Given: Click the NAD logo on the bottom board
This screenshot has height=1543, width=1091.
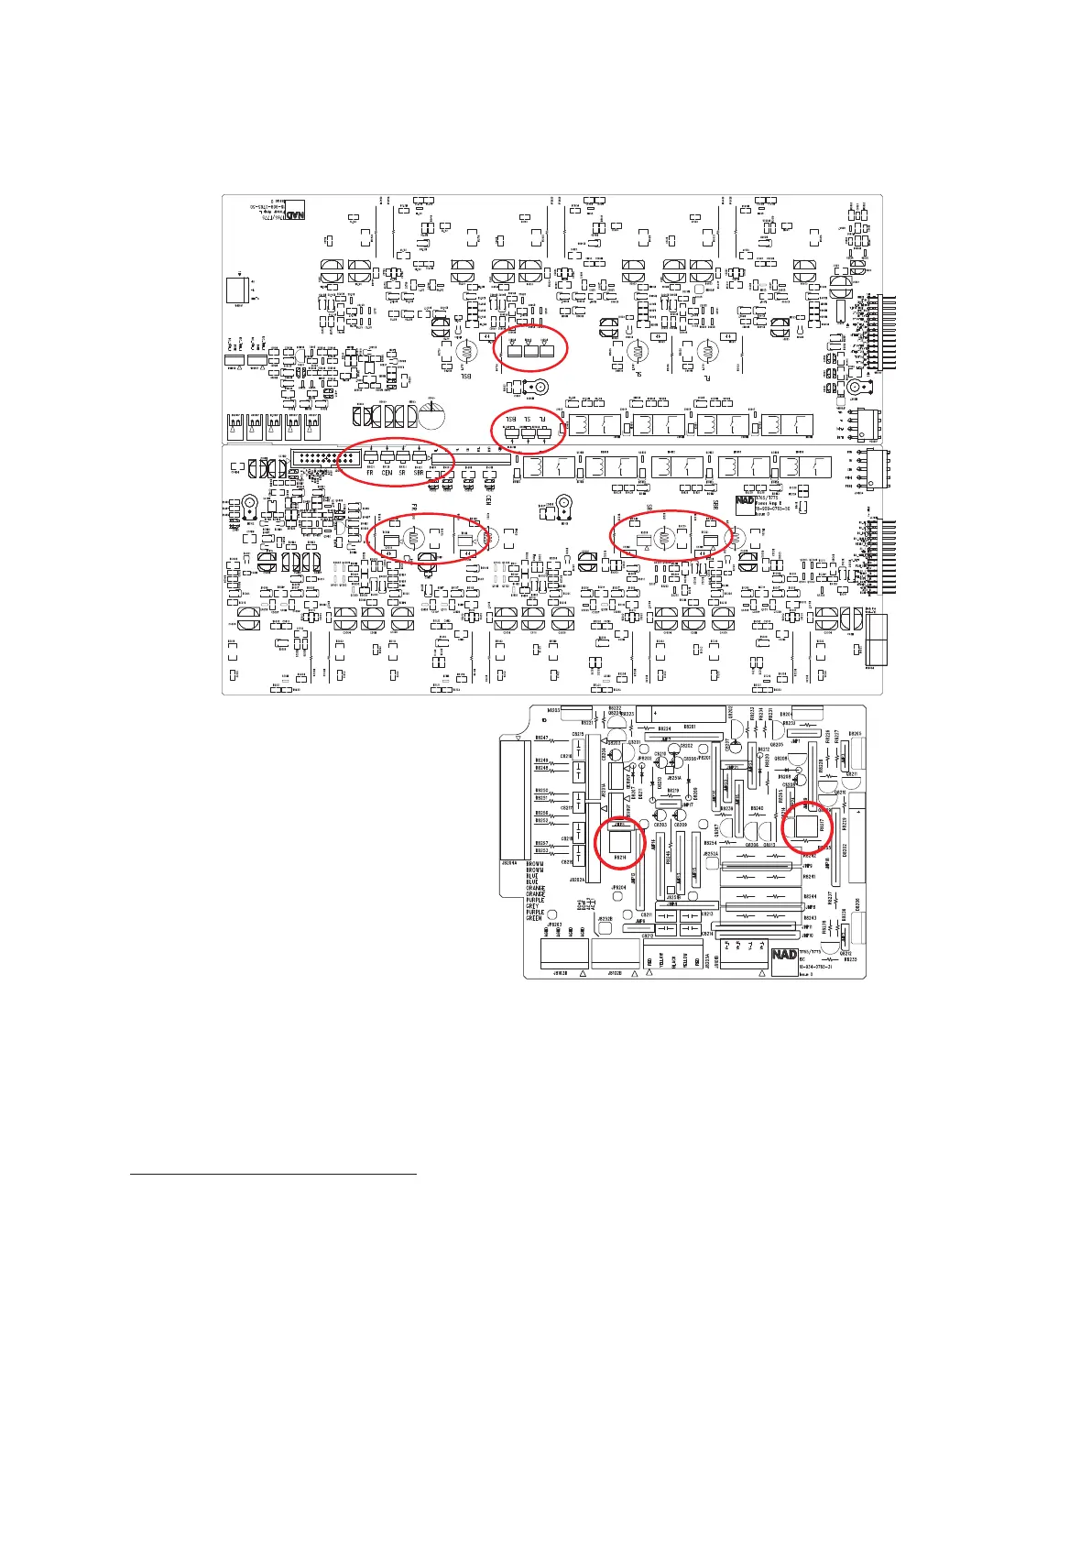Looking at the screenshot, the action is click(x=785, y=954).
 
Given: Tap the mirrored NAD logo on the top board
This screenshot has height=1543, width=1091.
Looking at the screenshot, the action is click(x=295, y=216).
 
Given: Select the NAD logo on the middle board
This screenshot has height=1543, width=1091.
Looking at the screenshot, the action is click(x=746, y=501).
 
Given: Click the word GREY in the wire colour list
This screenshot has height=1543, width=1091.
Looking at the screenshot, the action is click(x=534, y=906).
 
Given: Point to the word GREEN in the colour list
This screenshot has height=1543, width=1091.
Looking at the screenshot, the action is click(x=535, y=918).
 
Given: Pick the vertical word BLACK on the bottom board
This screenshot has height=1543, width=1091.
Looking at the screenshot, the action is click(x=673, y=960).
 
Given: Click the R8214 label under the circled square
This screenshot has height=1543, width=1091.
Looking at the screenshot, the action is click(x=621, y=858).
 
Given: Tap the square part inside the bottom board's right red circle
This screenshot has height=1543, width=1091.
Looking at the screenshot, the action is click(x=806, y=826).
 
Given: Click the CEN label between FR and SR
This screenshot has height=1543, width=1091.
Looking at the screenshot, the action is click(x=387, y=473).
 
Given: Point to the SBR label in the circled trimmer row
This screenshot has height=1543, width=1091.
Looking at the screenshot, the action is click(x=419, y=473).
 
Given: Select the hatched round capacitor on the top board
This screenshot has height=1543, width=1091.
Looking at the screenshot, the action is click(x=431, y=416).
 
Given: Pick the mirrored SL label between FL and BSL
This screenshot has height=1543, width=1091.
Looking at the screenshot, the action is click(x=528, y=419).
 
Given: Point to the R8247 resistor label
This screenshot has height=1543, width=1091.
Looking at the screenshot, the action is click(x=541, y=737).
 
